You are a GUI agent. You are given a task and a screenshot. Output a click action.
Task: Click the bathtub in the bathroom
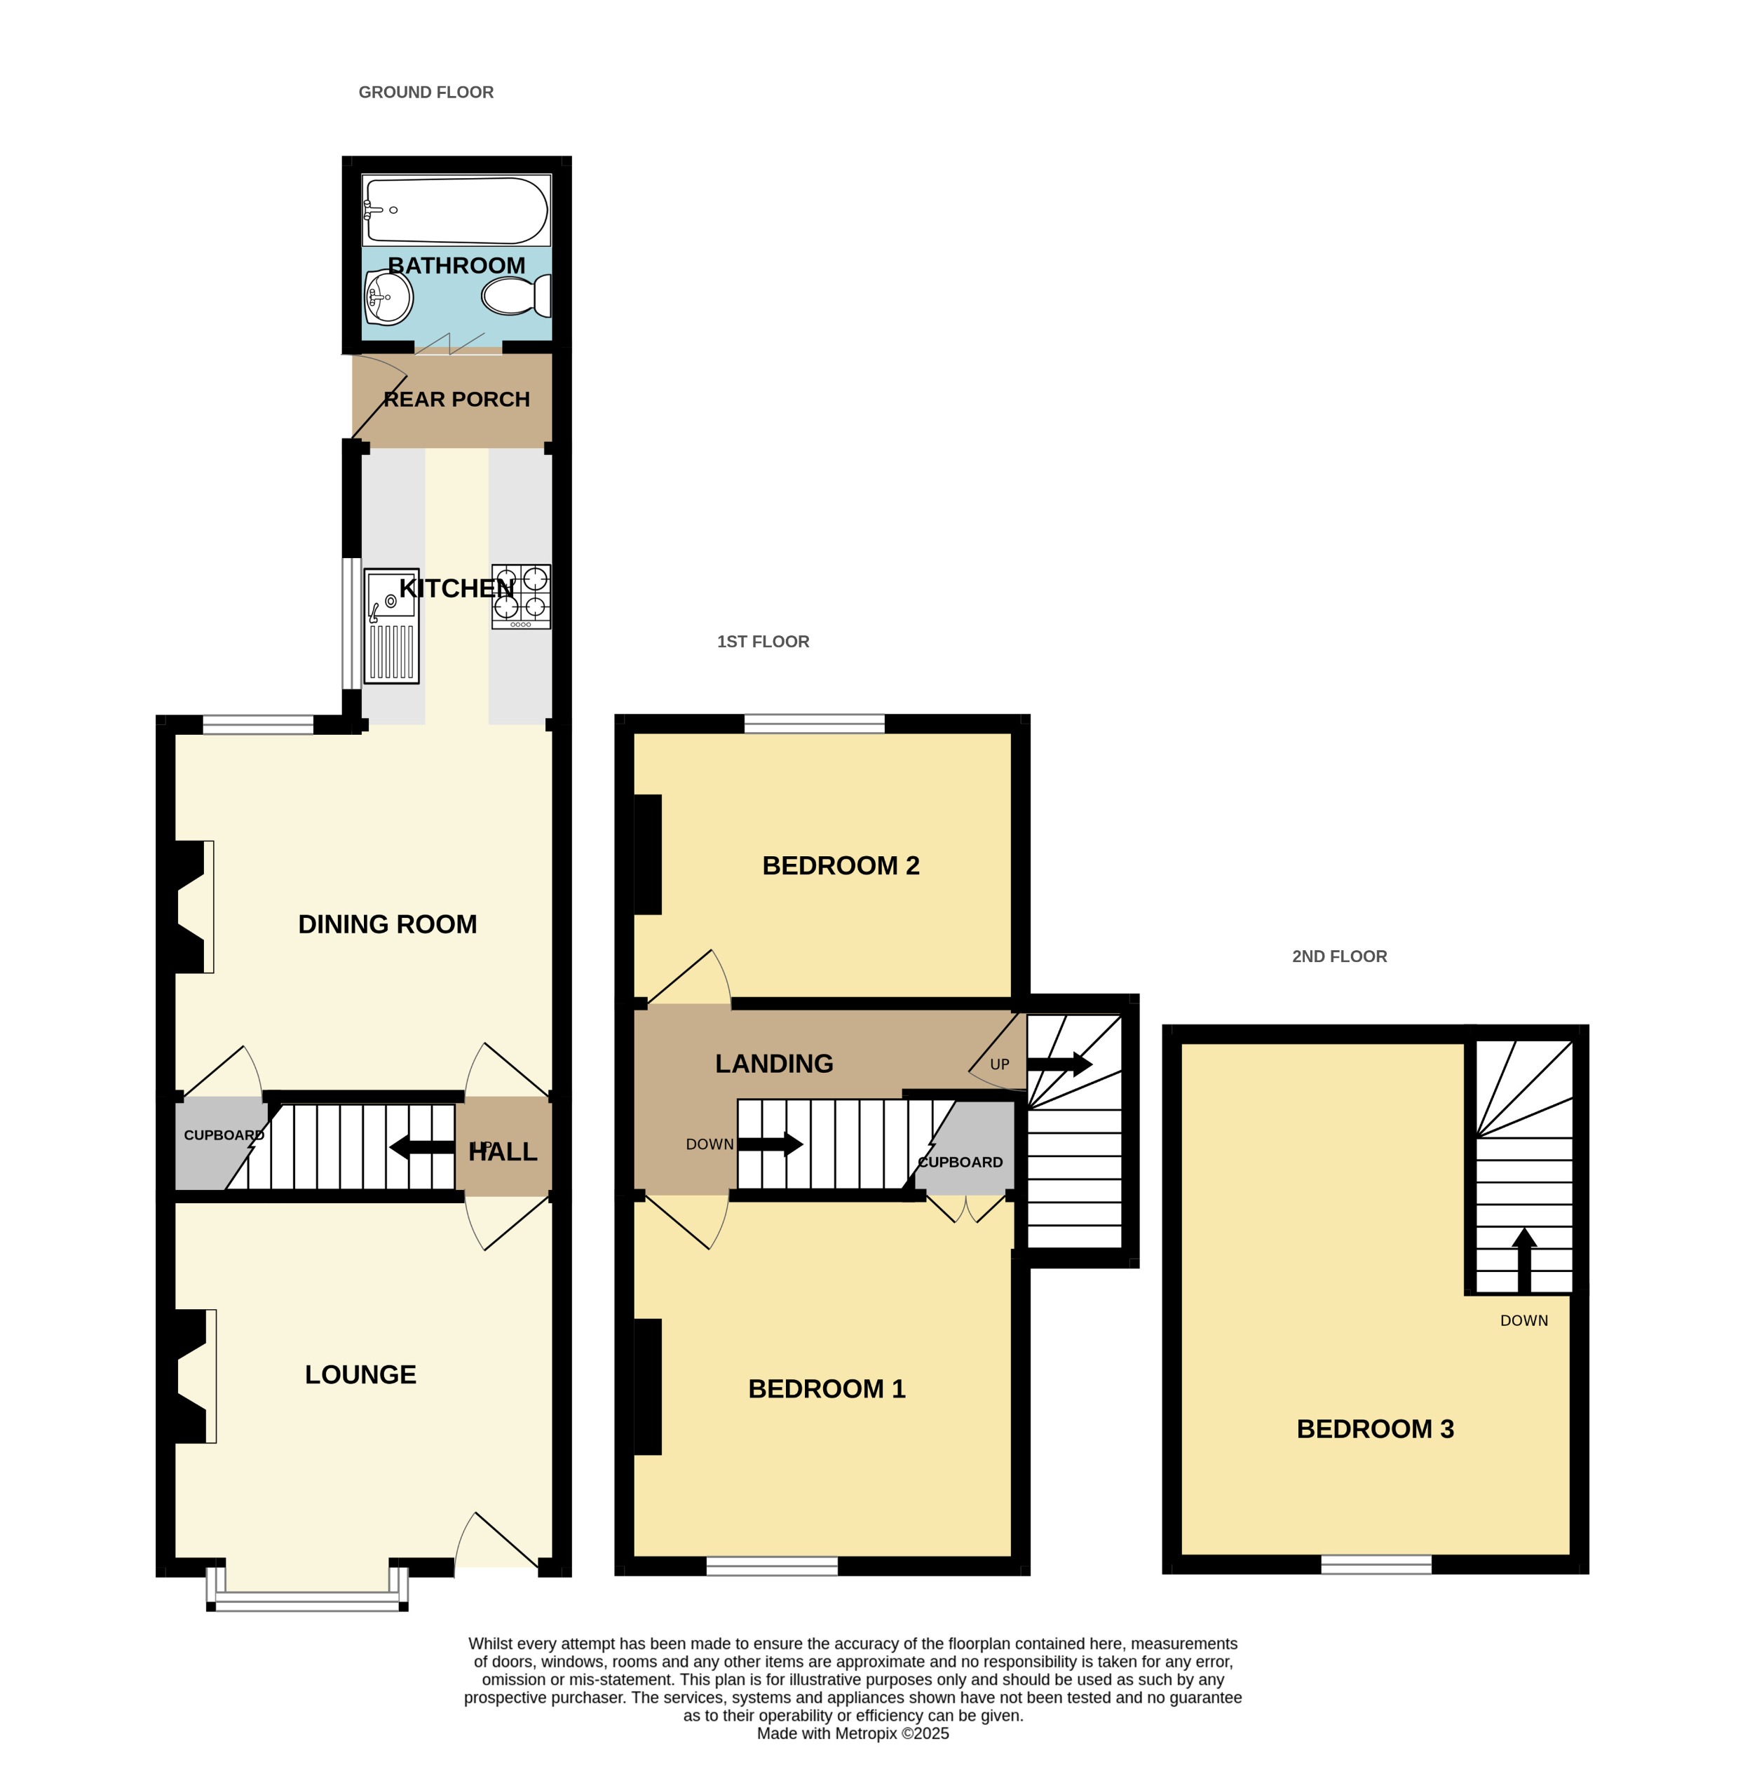pyautogui.click(x=456, y=210)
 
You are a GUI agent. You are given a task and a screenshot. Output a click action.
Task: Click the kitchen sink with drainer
pyautogui.click(x=391, y=625)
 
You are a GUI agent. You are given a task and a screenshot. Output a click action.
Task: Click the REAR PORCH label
pyautogui.click(x=456, y=400)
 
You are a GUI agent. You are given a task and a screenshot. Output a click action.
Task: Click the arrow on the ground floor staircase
pyautogui.click(x=421, y=1147)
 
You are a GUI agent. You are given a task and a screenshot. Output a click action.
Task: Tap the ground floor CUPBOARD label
pyautogui.click(x=223, y=1135)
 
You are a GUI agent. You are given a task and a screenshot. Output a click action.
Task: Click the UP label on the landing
pyautogui.click(x=999, y=1064)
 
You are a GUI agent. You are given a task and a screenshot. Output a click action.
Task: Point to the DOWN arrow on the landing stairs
pyautogui.click(x=770, y=1144)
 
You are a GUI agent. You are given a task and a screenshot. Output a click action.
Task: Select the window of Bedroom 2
pyautogui.click(x=814, y=725)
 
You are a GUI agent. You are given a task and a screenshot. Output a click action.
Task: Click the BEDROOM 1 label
pyautogui.click(x=826, y=1388)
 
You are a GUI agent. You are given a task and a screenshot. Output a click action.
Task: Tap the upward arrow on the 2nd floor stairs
pyautogui.click(x=1523, y=1260)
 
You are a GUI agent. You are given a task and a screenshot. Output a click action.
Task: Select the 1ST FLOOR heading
pyautogui.click(x=763, y=642)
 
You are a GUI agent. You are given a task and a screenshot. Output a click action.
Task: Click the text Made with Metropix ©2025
pyautogui.click(x=853, y=1733)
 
